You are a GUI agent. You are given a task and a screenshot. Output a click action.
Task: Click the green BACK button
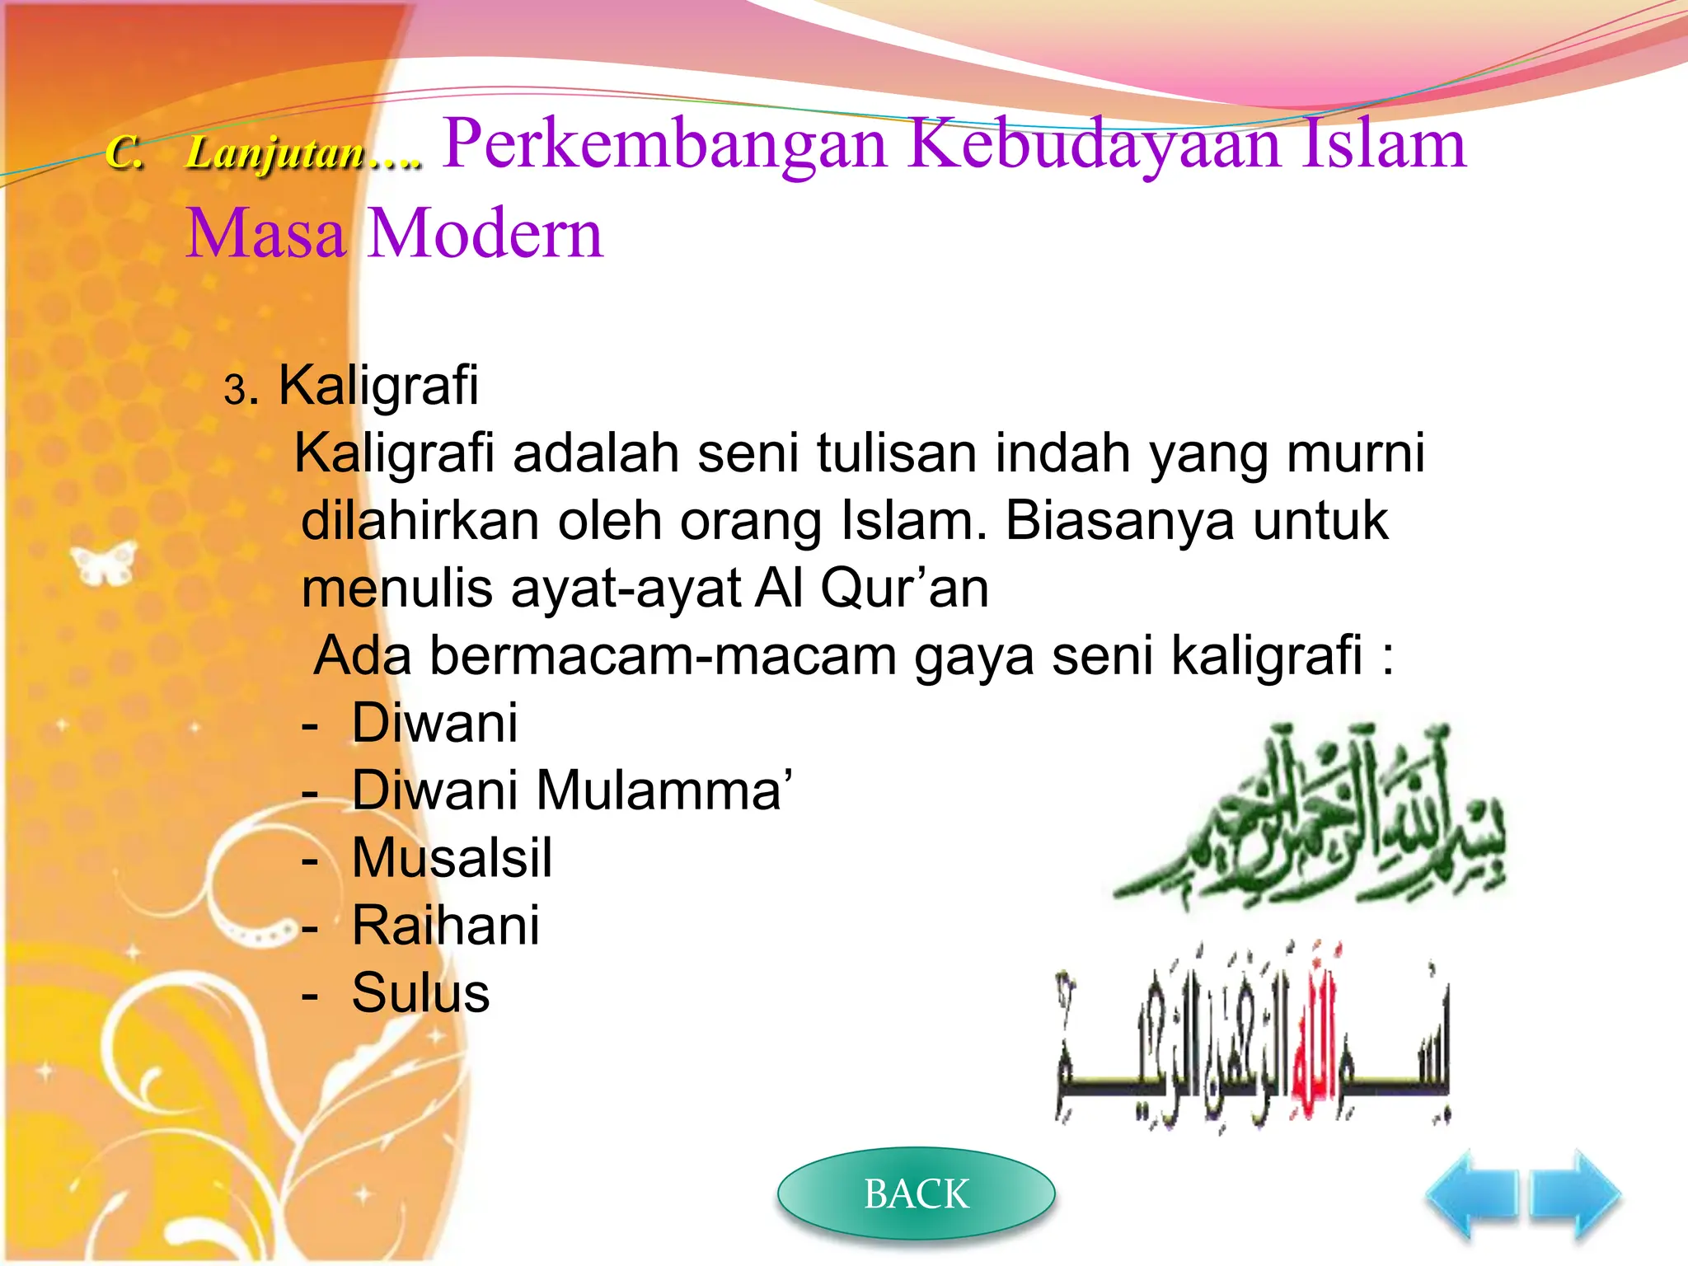[x=916, y=1193]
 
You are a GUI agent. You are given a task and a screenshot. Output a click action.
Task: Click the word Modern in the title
[x=485, y=233]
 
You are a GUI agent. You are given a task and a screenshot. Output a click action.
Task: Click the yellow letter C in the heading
[x=124, y=153]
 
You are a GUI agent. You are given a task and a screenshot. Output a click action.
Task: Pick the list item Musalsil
[x=452, y=858]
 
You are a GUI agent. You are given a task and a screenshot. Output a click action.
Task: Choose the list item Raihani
[x=446, y=926]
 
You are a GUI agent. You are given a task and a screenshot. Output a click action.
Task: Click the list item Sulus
[x=420, y=993]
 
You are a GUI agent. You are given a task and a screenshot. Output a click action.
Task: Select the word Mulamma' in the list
[x=664, y=790]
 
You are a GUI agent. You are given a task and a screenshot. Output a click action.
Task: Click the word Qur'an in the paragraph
[x=904, y=588]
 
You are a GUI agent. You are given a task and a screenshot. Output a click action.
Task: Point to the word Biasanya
[x=1119, y=521]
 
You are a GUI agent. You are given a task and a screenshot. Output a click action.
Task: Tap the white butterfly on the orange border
[x=104, y=563]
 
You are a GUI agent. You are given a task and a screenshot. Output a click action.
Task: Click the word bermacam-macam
[x=663, y=656]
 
